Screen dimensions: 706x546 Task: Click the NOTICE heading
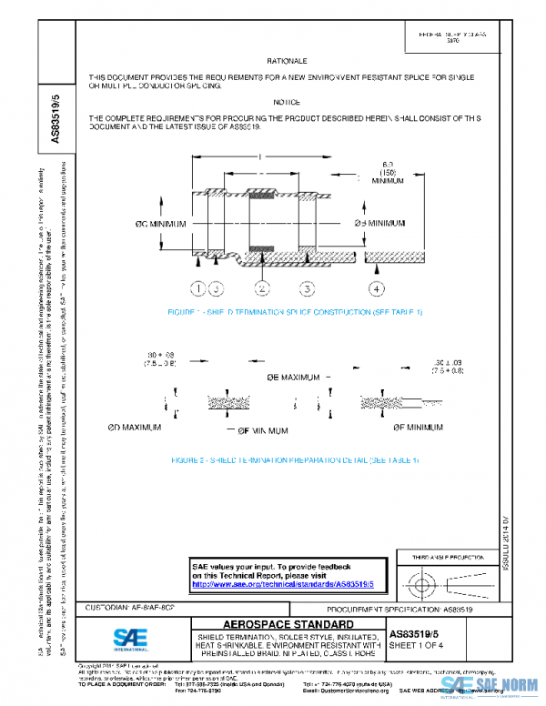tap(287, 102)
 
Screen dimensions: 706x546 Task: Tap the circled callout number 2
tap(262, 289)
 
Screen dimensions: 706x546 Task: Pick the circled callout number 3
tap(308, 289)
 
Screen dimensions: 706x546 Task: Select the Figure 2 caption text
tap(294, 460)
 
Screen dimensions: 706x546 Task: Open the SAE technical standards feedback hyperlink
tap(284, 584)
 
